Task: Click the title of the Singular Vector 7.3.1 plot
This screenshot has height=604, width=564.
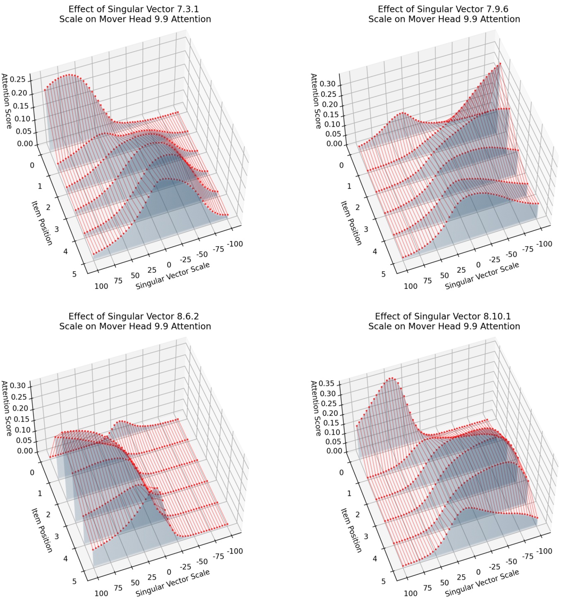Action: click(x=135, y=14)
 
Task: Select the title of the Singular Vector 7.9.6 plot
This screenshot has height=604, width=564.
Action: click(x=444, y=14)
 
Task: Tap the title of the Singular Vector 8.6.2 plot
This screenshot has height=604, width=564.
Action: click(x=135, y=321)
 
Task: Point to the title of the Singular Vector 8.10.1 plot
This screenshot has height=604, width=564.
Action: click(x=444, y=321)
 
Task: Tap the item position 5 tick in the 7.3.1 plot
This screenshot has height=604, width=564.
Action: click(x=74, y=274)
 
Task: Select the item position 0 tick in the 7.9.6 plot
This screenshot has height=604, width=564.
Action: click(x=341, y=165)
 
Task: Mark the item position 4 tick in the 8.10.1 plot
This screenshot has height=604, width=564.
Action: click(x=375, y=558)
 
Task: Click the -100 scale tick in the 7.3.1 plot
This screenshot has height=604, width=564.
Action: click(x=235, y=244)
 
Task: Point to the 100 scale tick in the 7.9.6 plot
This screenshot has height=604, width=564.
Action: click(x=410, y=286)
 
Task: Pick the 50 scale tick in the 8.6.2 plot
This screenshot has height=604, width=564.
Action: click(x=135, y=583)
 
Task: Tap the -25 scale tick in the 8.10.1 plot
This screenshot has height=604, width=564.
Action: click(x=495, y=567)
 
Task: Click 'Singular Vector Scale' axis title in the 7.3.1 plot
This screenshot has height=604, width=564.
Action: click(x=173, y=276)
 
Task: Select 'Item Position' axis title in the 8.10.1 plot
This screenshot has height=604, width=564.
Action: click(x=351, y=530)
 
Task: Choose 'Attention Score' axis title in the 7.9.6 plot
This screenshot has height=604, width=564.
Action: click(x=316, y=101)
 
